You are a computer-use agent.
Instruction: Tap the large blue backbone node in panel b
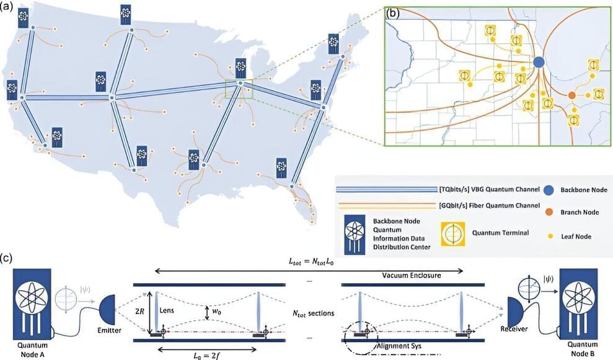(x=539, y=62)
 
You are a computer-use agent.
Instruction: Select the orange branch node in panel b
(x=572, y=95)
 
